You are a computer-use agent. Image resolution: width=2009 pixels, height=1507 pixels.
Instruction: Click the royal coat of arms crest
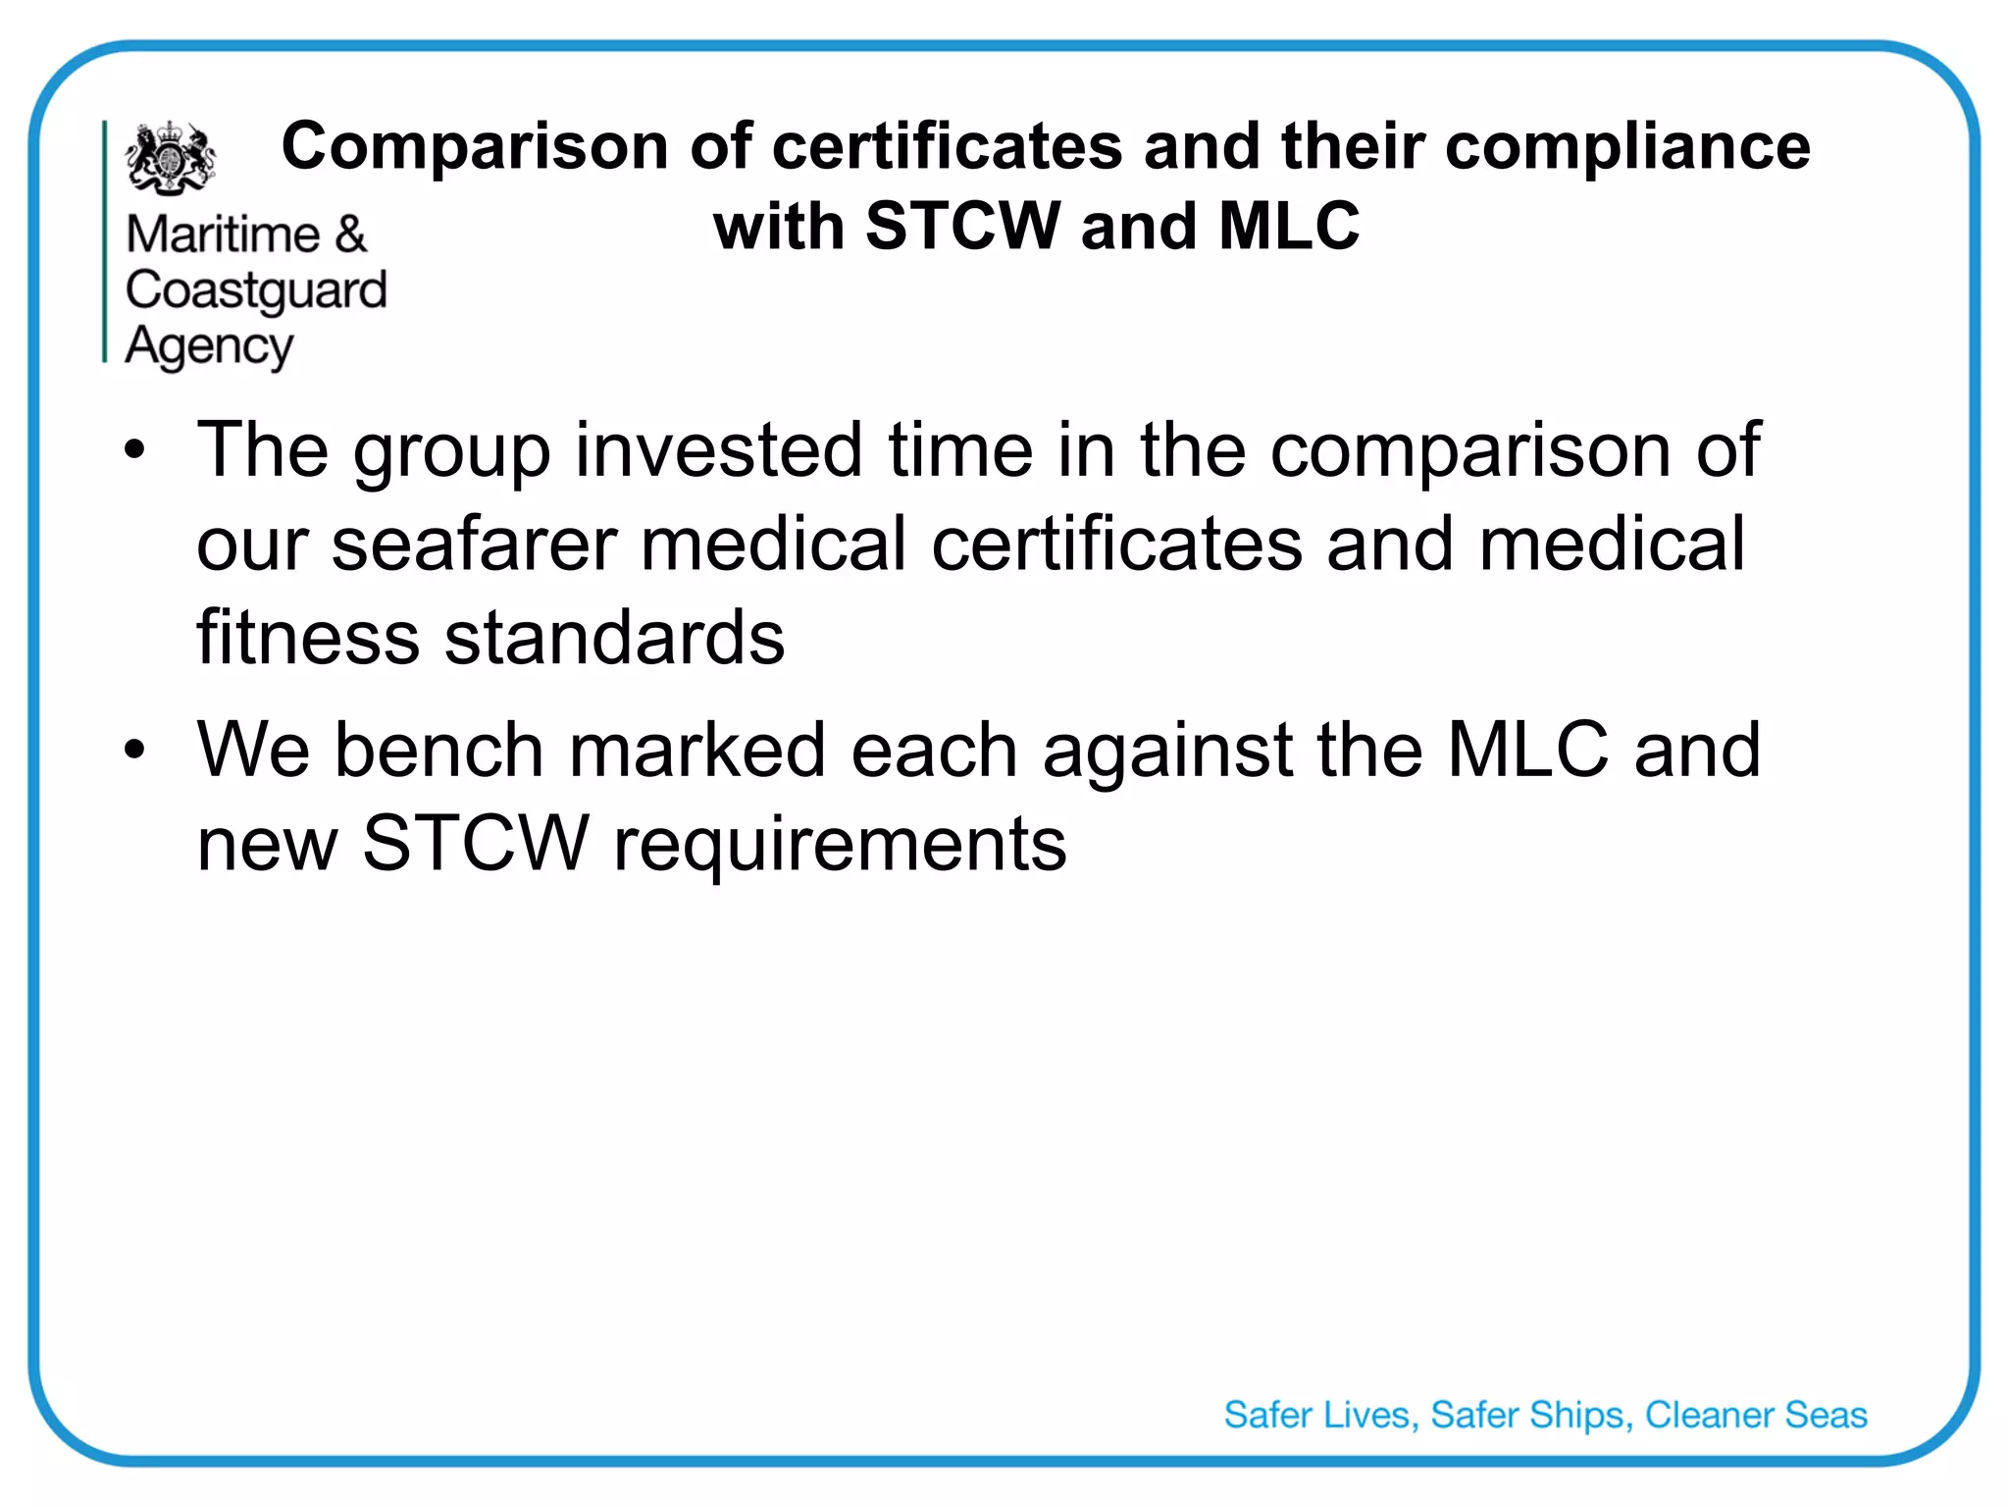click(x=171, y=157)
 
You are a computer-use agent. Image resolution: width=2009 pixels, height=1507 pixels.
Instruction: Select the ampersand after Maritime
click(x=350, y=234)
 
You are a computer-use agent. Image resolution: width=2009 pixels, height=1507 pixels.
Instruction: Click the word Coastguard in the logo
click(x=257, y=290)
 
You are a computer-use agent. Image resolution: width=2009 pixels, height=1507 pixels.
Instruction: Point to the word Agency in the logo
click(x=209, y=346)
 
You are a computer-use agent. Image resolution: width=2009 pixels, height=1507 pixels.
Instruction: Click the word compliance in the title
click(x=1627, y=147)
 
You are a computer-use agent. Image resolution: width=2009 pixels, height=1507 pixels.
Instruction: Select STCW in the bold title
click(x=962, y=226)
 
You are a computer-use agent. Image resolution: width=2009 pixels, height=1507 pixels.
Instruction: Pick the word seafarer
click(x=474, y=545)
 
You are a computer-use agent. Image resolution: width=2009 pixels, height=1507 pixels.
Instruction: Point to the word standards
click(x=615, y=638)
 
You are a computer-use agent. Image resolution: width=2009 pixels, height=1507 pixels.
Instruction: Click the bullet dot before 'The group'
click(x=134, y=451)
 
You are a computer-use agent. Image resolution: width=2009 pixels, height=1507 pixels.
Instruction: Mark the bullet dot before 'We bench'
click(x=134, y=751)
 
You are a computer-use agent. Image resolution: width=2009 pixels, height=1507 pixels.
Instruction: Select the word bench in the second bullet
click(x=438, y=751)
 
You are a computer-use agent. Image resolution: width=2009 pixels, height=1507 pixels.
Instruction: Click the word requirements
click(x=840, y=844)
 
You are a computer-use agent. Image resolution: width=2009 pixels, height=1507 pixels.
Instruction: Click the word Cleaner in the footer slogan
click(x=1709, y=1415)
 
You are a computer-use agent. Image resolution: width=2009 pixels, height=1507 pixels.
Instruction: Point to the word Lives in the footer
click(x=1369, y=1415)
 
